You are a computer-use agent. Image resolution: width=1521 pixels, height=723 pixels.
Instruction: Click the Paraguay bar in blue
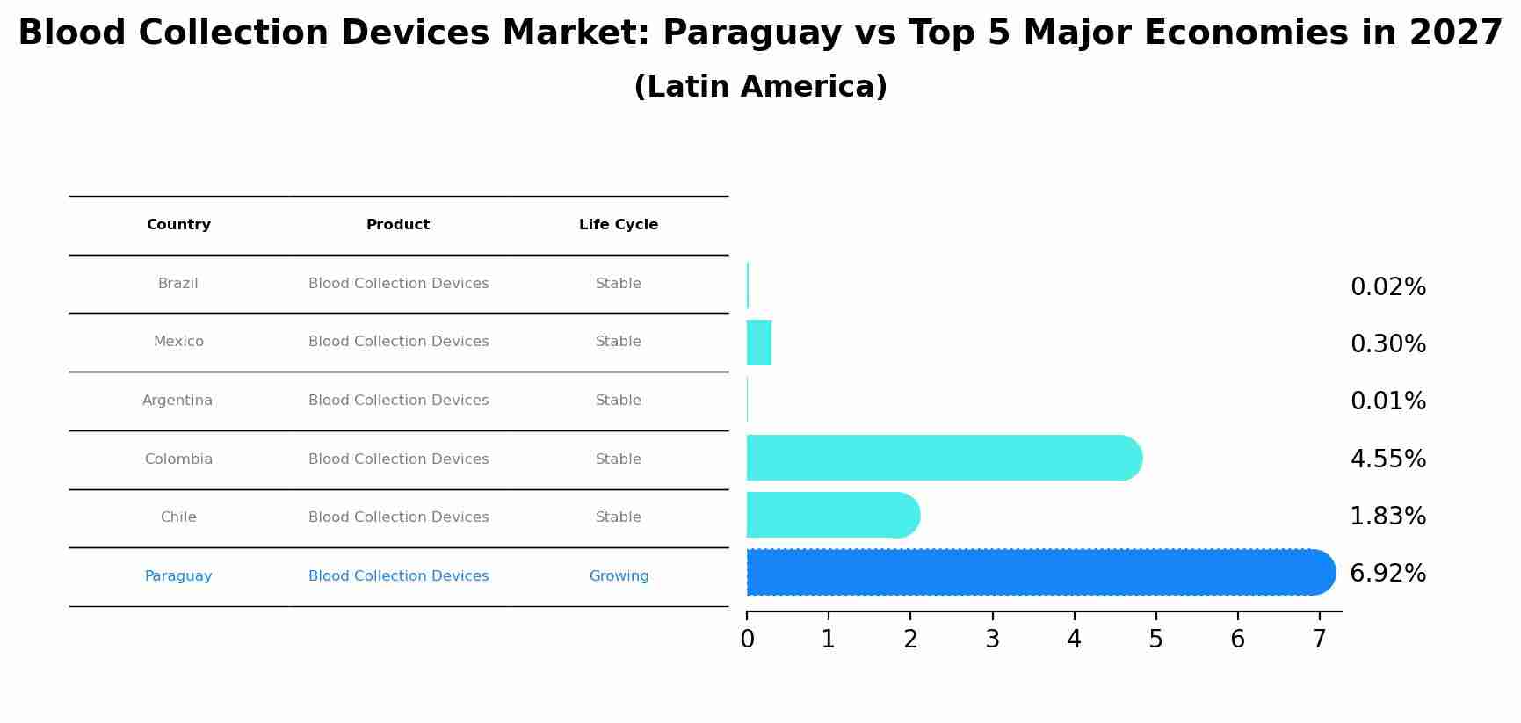coord(1037,573)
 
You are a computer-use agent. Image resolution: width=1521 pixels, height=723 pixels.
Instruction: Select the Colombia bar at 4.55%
coord(940,458)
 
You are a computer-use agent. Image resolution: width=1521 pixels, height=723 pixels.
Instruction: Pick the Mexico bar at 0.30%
coord(759,343)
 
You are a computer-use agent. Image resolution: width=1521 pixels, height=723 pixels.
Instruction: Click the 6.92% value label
coord(1387,574)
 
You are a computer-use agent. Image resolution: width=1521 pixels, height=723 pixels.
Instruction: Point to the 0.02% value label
coord(1387,287)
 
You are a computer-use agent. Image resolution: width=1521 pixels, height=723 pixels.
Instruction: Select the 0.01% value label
coord(1387,401)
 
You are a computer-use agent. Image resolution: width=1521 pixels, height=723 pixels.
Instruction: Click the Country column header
coord(178,225)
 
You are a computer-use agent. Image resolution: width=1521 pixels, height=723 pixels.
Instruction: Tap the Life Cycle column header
coord(619,225)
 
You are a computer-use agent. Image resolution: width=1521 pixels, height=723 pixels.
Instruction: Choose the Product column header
coord(398,225)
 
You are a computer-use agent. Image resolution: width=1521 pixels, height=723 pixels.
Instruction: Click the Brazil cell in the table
coord(178,284)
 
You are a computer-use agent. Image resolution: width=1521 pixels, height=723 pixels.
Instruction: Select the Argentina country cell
coord(177,401)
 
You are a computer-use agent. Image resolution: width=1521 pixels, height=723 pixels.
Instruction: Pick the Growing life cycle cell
coord(619,576)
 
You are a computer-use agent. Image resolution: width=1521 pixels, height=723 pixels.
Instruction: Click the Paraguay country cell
coord(178,576)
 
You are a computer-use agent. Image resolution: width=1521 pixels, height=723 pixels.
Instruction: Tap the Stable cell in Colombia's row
coord(619,459)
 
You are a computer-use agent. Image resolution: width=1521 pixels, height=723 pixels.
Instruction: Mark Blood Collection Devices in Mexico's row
coord(398,342)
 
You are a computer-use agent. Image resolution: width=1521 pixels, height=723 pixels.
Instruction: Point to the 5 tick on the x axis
coord(1155,640)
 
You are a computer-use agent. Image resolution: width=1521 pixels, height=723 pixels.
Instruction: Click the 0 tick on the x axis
coord(747,640)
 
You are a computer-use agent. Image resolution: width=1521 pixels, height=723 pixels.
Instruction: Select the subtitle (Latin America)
coord(760,87)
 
